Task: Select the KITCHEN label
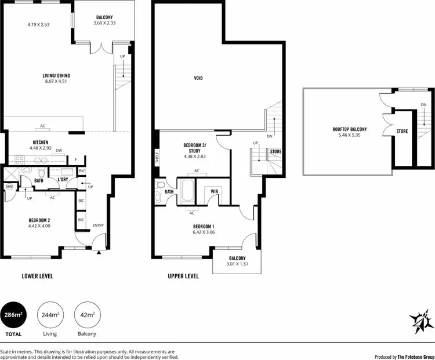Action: point(40,142)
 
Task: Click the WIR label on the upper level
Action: point(214,191)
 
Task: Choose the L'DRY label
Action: point(63,180)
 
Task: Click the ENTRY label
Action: point(97,226)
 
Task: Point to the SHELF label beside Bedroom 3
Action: point(157,157)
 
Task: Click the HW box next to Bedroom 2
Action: point(9,187)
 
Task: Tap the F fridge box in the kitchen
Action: point(75,159)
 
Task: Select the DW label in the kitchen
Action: point(59,149)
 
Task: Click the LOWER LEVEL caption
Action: point(37,277)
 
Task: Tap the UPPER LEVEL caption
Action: point(183,277)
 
